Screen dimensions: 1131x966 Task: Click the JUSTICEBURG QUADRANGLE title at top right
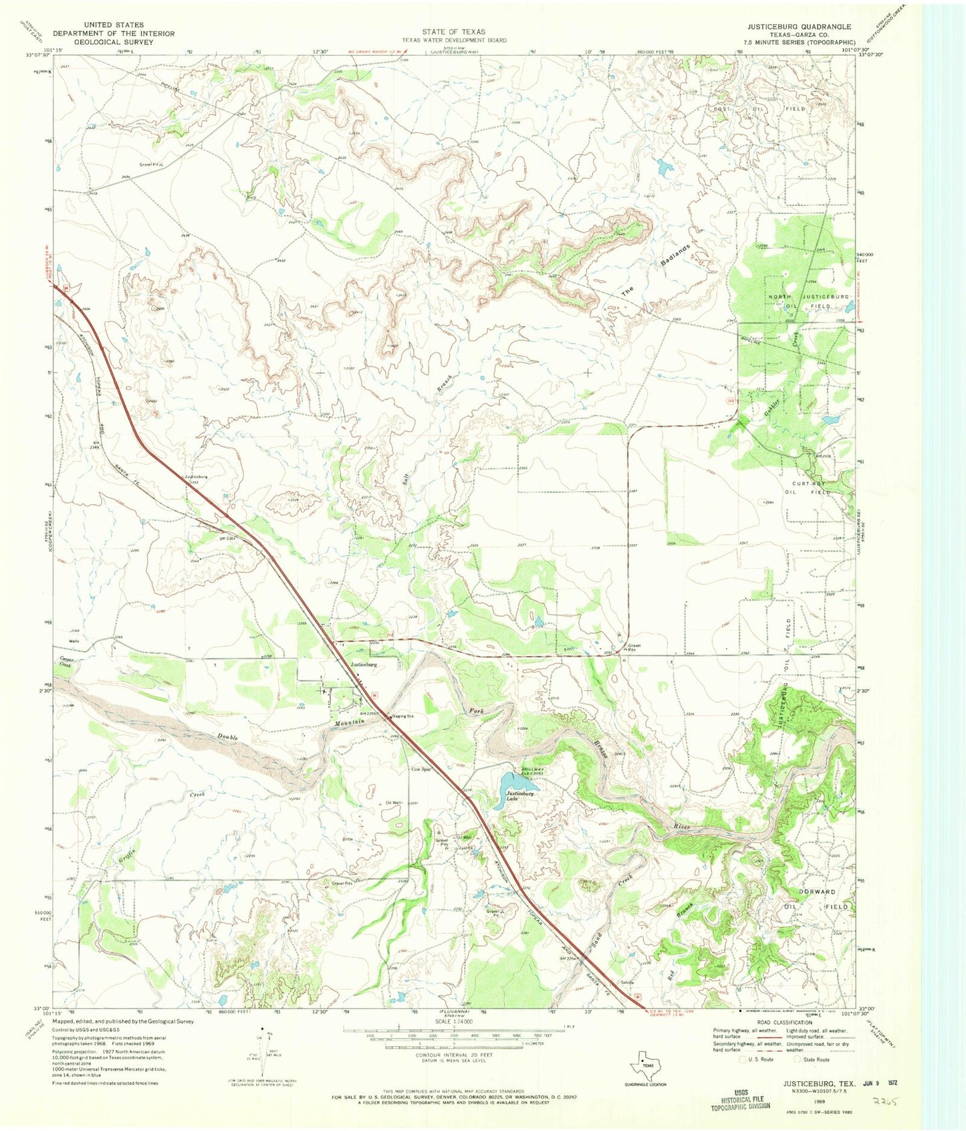[x=799, y=27]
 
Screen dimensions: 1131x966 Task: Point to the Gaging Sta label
[x=402, y=716]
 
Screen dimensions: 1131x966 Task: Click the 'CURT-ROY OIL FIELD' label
[x=809, y=488]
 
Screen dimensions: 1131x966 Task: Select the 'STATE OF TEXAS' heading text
[x=453, y=31]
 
